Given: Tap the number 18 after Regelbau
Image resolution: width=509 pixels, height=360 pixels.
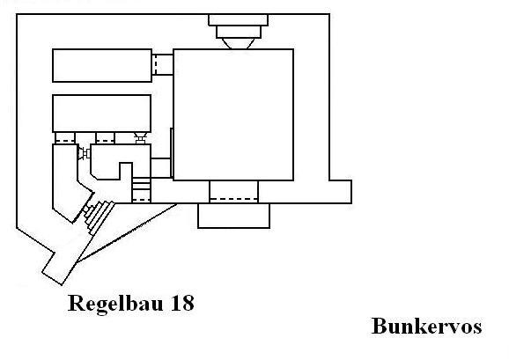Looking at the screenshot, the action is (x=182, y=303).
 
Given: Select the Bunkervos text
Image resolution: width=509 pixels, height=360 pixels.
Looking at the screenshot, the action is (x=426, y=326).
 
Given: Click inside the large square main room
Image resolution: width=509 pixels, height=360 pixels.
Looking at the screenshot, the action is (x=233, y=114).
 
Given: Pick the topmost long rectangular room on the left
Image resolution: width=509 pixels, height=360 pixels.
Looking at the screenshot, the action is (x=102, y=65).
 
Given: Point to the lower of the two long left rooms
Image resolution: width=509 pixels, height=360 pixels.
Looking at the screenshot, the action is (x=101, y=114).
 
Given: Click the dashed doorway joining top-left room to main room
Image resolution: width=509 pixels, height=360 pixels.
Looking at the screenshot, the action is (x=162, y=65).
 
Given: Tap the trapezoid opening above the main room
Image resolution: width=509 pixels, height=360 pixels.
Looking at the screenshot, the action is (x=238, y=43).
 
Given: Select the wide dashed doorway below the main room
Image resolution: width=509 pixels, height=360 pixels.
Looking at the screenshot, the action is (x=233, y=192).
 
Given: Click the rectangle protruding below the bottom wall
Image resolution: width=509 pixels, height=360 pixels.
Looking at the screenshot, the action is (x=233, y=216).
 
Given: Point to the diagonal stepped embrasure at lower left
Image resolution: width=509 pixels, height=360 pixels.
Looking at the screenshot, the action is (x=99, y=217).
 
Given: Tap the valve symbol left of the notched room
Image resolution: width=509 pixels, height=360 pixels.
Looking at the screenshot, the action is (x=84, y=153).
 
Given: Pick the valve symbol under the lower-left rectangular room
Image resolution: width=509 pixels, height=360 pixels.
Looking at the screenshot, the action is (x=141, y=138).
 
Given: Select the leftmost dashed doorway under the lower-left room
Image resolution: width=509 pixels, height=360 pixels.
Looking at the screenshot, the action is (x=65, y=138).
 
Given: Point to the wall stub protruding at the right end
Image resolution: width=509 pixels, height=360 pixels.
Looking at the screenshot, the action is (x=341, y=192).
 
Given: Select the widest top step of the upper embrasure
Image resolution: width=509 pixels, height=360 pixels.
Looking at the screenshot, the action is (x=238, y=19).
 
